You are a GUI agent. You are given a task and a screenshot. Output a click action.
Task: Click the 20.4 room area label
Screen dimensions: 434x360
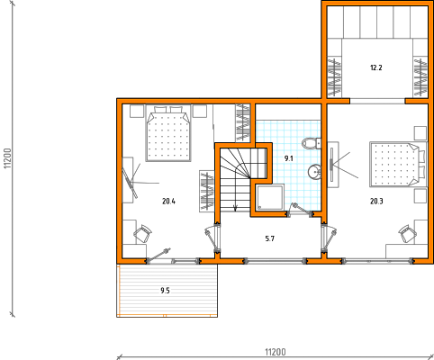(x=168, y=202)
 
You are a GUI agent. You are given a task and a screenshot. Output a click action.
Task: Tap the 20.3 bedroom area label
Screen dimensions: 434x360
(x=376, y=202)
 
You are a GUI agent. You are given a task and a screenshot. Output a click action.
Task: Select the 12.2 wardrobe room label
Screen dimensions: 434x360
(x=376, y=67)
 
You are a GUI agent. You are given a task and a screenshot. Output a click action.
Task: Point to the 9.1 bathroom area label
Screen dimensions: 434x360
(x=289, y=158)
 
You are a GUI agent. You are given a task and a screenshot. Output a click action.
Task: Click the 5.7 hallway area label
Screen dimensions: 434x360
(x=270, y=238)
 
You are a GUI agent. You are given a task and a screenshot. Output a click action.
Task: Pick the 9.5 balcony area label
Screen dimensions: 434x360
(x=165, y=291)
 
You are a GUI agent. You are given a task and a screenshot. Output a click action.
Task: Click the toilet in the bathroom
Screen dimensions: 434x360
(x=312, y=143)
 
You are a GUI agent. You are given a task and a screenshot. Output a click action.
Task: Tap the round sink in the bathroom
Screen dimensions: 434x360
(x=314, y=172)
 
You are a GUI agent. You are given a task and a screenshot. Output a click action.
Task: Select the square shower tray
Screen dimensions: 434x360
(x=269, y=197)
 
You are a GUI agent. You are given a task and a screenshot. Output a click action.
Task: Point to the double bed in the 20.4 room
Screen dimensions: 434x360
(x=168, y=133)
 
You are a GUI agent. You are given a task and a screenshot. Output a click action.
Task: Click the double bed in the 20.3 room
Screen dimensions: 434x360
(x=398, y=165)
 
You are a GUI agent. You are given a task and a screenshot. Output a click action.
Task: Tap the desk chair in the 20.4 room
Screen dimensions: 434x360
(x=142, y=234)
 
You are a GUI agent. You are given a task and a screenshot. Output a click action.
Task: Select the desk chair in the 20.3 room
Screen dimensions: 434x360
(x=408, y=233)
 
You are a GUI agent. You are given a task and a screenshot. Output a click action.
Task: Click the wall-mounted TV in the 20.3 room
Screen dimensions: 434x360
(x=331, y=165)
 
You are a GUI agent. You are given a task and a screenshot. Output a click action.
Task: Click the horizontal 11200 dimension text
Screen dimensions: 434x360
(x=276, y=352)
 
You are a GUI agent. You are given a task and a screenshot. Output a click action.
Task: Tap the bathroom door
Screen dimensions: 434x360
(x=300, y=210)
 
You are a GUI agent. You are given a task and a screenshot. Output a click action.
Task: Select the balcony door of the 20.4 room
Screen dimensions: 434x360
(x=158, y=255)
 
